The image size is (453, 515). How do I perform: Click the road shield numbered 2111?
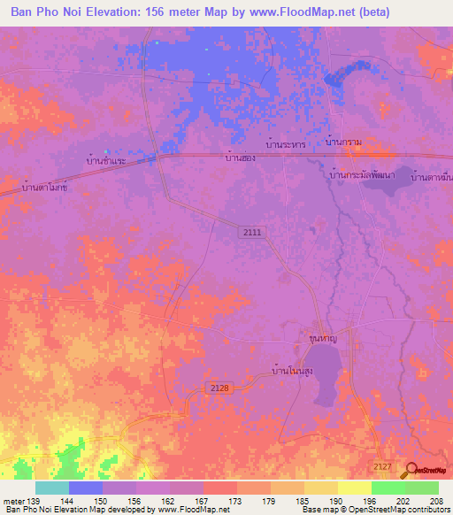[254, 231]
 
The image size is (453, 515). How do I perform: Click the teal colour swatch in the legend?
[52, 488]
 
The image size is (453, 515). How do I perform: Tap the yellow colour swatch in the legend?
[354, 488]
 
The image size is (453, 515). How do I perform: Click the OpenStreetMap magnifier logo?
[411, 472]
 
